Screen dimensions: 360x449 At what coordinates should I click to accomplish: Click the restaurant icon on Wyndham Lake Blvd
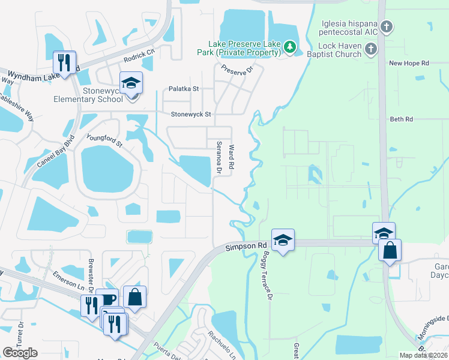(x=64, y=62)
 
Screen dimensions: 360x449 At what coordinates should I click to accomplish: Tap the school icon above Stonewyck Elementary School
(x=130, y=83)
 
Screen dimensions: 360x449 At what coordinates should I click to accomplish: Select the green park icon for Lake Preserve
(x=290, y=47)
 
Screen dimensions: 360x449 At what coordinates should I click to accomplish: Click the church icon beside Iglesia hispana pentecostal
(x=387, y=26)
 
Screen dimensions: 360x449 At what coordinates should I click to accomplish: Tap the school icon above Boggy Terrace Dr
(x=283, y=240)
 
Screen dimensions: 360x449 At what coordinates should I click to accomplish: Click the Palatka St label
(x=183, y=88)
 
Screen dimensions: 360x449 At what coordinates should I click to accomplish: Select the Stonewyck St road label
(x=191, y=113)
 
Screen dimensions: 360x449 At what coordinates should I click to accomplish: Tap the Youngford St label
(x=104, y=140)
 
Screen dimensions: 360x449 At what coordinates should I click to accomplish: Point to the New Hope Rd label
(x=409, y=62)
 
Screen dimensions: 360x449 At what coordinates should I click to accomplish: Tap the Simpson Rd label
(x=246, y=246)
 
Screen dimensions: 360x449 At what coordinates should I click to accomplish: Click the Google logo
(x=20, y=353)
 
